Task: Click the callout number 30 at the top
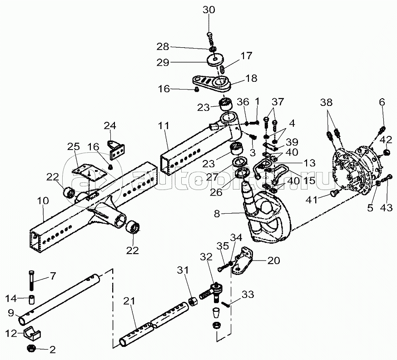tap(208, 10)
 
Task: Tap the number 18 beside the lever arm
tap(251, 78)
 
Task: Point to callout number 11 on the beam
tap(164, 125)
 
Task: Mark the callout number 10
tap(43, 200)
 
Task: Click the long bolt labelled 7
tap(31, 280)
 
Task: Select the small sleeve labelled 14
tap(31, 300)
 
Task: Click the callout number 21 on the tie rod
tap(129, 301)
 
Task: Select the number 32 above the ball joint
tap(206, 257)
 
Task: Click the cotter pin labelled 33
tap(225, 304)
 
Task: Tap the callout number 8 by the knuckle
tap(217, 214)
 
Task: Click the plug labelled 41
tap(333, 194)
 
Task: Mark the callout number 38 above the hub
tap(326, 102)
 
